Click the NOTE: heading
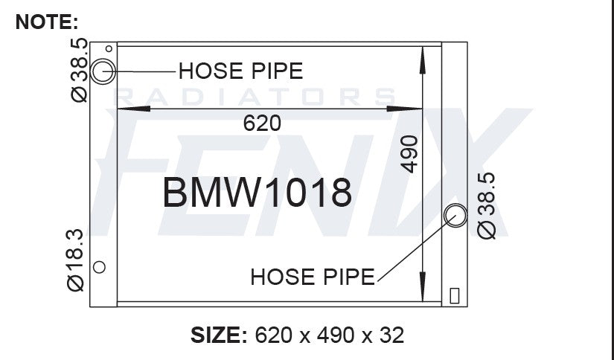[47, 22]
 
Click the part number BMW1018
[258, 193]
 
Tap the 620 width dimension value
[262, 123]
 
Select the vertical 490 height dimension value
[409, 154]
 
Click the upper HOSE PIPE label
[241, 71]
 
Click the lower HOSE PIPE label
[313, 277]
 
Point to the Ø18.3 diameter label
[75, 260]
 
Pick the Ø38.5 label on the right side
[486, 206]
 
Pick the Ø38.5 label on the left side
[79, 70]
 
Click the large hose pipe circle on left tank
[91, 71]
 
